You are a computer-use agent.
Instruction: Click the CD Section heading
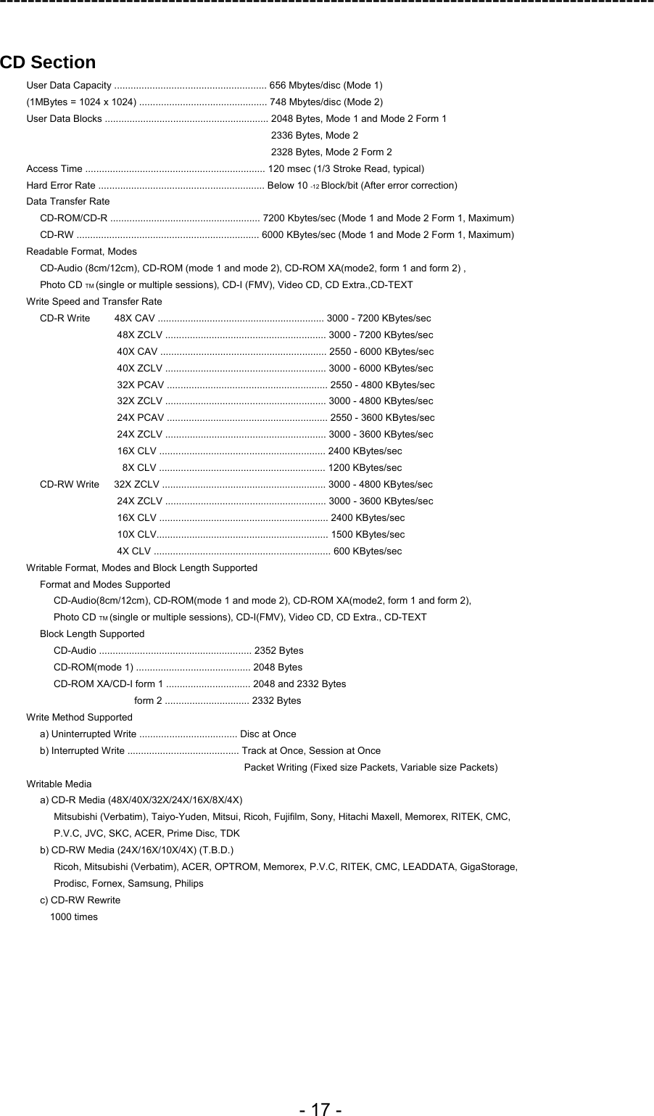(x=48, y=62)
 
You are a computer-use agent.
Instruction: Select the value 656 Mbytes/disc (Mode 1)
(x=326, y=86)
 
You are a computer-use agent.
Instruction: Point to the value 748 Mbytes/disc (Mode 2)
(x=326, y=102)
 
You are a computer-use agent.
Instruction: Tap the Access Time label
(x=54, y=169)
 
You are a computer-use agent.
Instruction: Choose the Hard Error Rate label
(x=61, y=186)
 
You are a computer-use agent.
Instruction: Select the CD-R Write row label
(x=65, y=319)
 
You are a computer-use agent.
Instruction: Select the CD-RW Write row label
(x=70, y=485)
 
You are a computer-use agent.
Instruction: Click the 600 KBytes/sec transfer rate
(x=367, y=551)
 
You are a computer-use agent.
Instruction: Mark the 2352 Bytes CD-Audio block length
(x=279, y=651)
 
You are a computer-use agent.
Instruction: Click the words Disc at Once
(x=268, y=734)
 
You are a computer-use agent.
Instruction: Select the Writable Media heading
(x=59, y=784)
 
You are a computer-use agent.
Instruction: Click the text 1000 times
(x=73, y=917)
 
